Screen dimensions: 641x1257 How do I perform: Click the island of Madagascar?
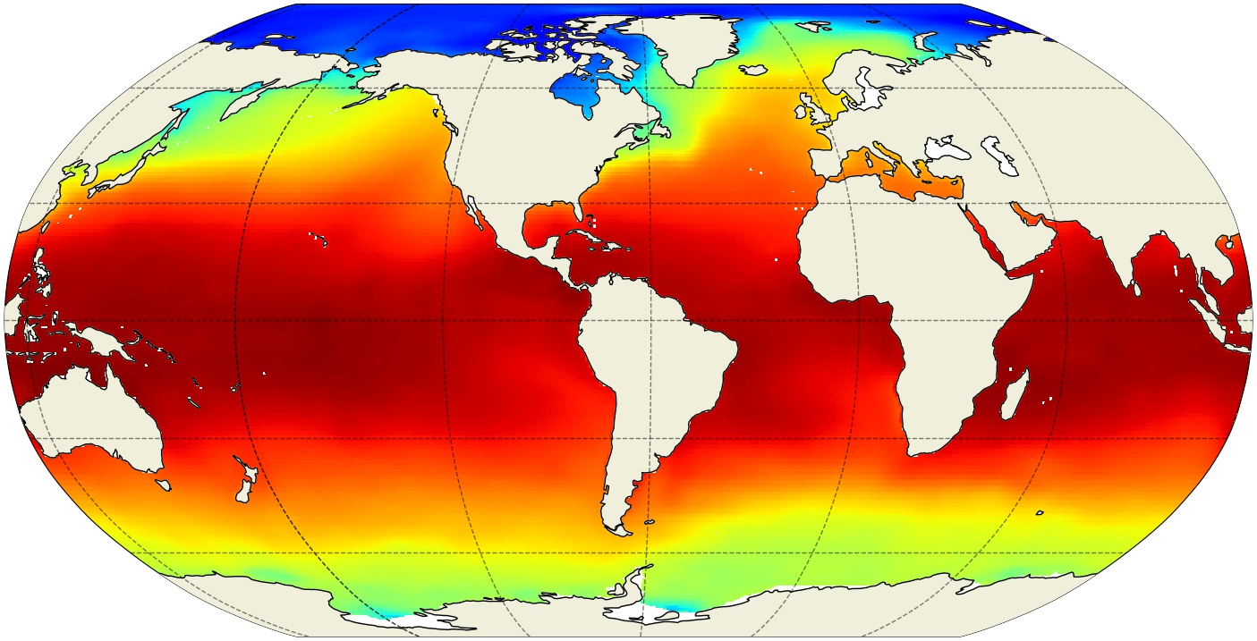(x=1014, y=393)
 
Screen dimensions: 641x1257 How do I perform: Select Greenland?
(x=693, y=45)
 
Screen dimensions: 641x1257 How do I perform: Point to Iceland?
(x=754, y=68)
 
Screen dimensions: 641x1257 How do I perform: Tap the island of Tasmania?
(x=163, y=485)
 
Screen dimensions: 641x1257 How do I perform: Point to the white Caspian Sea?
(x=1002, y=156)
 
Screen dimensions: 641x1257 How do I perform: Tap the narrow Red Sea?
(x=984, y=237)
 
